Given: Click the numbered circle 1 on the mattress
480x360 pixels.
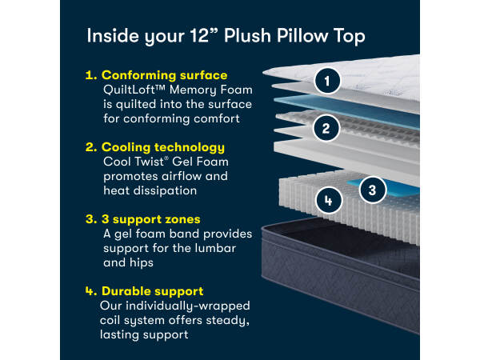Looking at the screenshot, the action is (x=327, y=81).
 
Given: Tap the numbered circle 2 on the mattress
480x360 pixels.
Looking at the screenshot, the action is (x=326, y=128).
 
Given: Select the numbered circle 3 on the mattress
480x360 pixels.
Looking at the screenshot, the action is (x=372, y=190).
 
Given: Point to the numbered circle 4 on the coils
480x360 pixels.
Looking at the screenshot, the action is (x=329, y=201).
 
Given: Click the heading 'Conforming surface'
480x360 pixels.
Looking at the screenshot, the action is (x=164, y=75).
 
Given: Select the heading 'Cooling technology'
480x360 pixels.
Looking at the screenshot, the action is (x=163, y=147).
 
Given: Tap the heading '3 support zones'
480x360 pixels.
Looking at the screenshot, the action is (x=151, y=219).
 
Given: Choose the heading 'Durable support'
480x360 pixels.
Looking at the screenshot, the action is (x=153, y=291).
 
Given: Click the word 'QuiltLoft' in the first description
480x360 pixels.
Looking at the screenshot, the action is (x=130, y=90).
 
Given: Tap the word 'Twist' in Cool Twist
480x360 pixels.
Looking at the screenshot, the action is (x=149, y=162).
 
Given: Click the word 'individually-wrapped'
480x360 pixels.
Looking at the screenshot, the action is (x=188, y=306).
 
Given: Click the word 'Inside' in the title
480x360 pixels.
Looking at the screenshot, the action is (x=113, y=35).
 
